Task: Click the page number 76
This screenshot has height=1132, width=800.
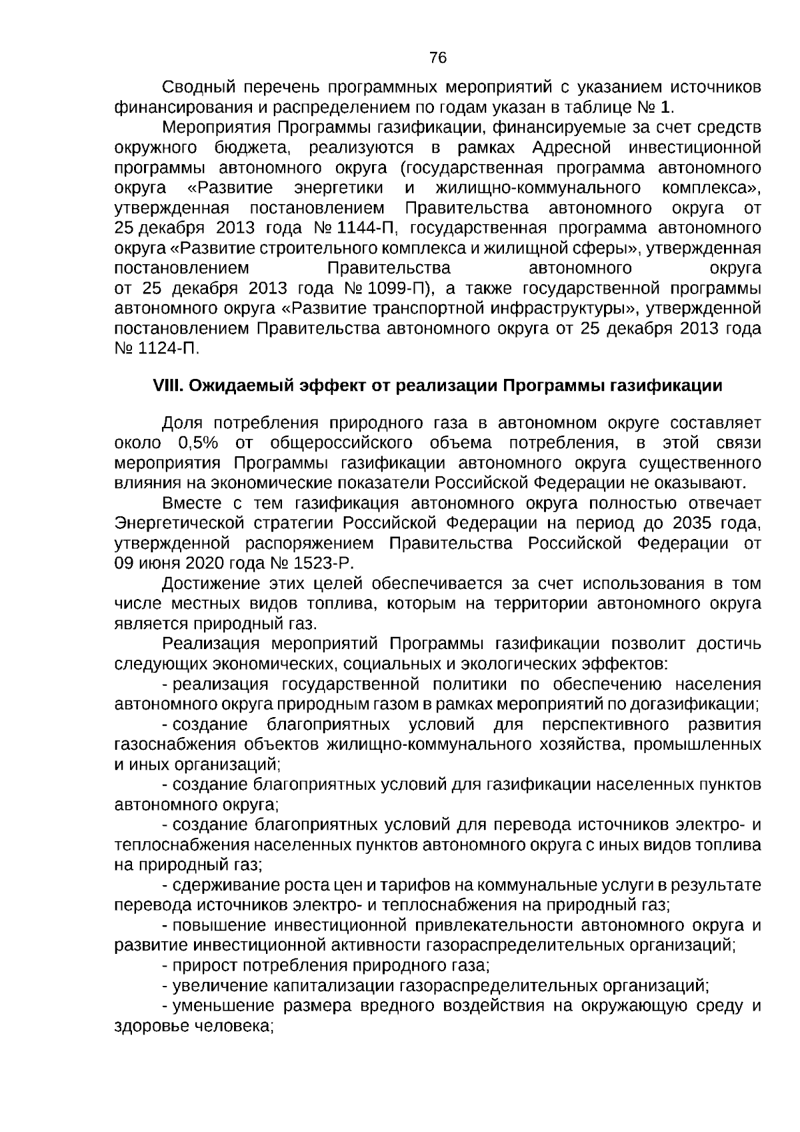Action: pos(438,58)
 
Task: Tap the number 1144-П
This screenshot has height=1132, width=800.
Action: pos(369,228)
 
